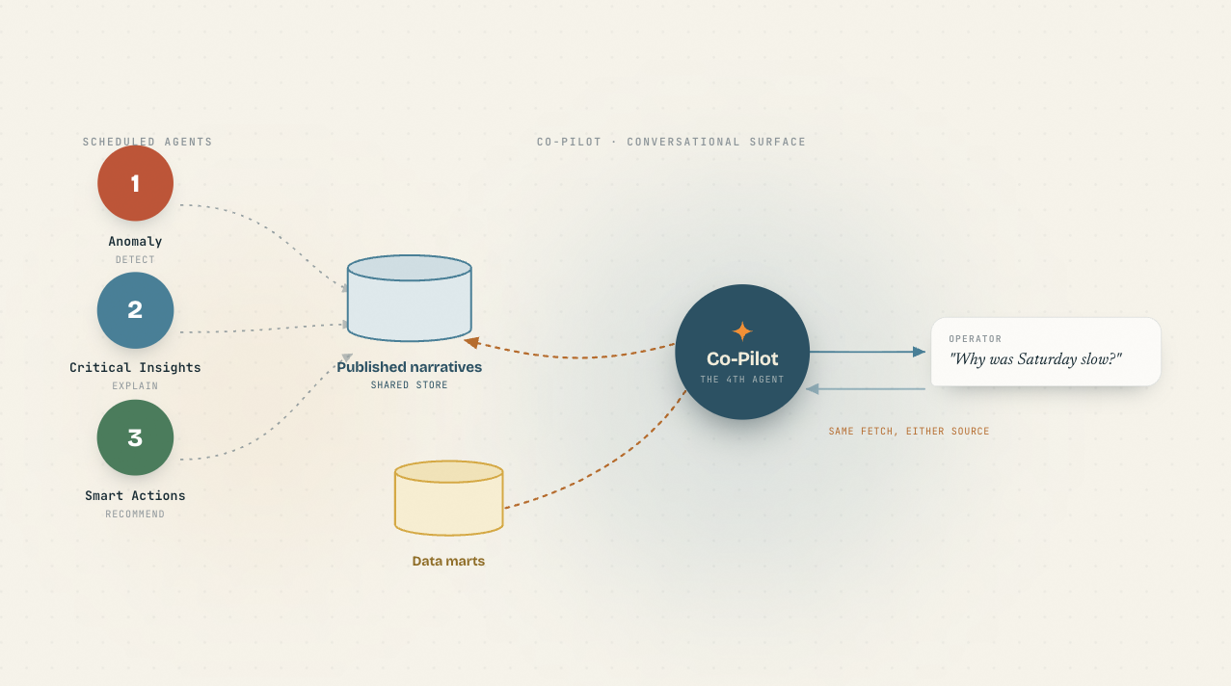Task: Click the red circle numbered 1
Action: coord(135,183)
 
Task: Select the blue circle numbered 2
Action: coord(135,310)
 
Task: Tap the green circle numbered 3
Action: coord(135,437)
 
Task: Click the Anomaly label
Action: coord(135,242)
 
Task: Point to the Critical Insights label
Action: coord(135,367)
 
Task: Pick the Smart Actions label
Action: coord(135,495)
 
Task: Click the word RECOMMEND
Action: coord(135,514)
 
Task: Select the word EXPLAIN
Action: coord(135,386)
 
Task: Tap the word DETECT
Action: coord(135,260)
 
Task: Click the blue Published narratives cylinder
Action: coord(410,299)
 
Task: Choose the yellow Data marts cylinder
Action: coord(449,498)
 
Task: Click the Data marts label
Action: coord(448,562)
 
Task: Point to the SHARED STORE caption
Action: coord(410,385)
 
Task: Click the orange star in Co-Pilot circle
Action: coord(742,331)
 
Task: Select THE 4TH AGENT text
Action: coord(742,379)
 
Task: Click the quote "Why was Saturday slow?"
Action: coord(1035,359)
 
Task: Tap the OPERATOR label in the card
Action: coord(976,339)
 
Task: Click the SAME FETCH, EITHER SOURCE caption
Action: coord(909,431)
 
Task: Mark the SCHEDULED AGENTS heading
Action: coord(147,142)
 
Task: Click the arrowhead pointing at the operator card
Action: coord(920,352)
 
